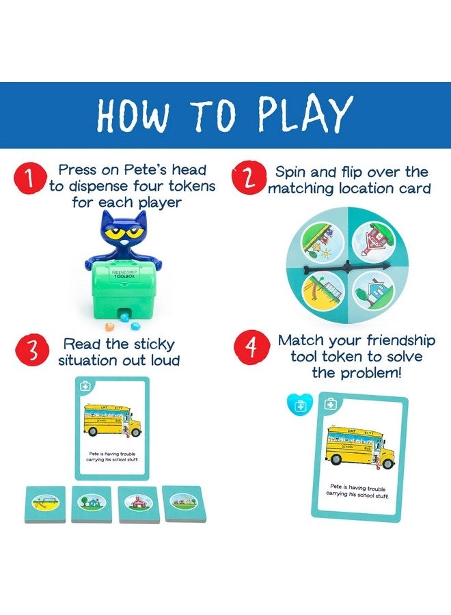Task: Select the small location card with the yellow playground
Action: [x=45, y=504]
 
